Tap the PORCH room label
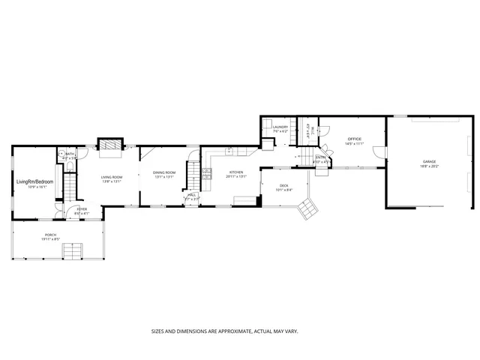pos(50,235)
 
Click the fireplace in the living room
pos(110,145)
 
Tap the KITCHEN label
pos(236,172)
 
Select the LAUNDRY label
pos(280,127)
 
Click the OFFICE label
pos(355,139)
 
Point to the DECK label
pos(284,185)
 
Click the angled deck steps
pos(307,214)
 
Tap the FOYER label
pos(82,209)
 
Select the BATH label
pos(69,154)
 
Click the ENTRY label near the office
pos(320,157)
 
